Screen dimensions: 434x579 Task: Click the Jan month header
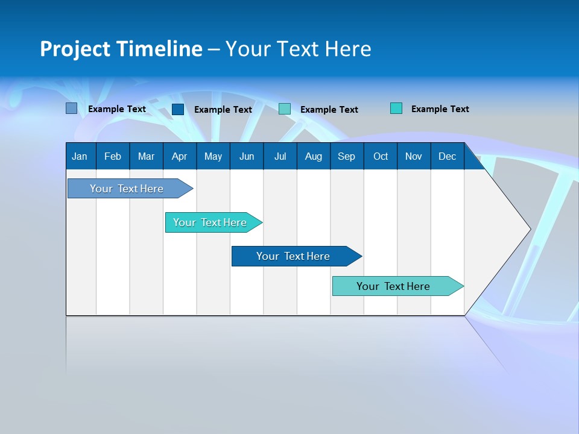point(80,156)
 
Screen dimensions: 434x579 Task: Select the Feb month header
point(113,156)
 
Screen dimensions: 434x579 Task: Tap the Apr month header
point(179,156)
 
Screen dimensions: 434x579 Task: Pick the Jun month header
point(247,156)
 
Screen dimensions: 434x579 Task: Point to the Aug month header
point(313,156)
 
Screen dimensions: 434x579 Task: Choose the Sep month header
point(346,156)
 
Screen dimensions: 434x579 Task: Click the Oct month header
point(381,156)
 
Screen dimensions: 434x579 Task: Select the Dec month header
point(447,156)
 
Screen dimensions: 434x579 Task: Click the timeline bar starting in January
point(127,189)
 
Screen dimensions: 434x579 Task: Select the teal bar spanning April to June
point(210,222)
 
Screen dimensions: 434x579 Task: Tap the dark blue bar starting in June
point(293,256)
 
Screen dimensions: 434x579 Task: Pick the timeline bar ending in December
point(393,286)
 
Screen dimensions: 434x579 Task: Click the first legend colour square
point(72,108)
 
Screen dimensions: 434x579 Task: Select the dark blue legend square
point(178,109)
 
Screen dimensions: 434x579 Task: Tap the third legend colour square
point(285,109)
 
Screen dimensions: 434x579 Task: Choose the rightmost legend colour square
point(396,108)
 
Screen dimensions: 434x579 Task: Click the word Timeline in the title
point(159,49)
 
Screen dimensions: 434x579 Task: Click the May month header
point(213,156)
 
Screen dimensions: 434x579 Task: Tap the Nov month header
point(414,156)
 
